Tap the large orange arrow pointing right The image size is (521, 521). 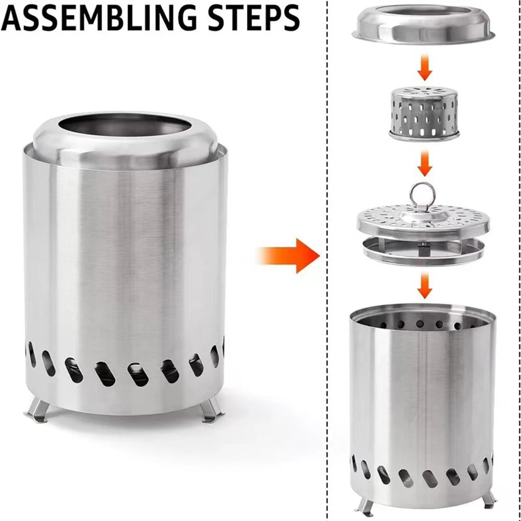pyautogui.click(x=288, y=255)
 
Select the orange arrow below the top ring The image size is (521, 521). pyautogui.click(x=425, y=69)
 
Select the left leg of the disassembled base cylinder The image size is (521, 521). pyautogui.click(x=364, y=505)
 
